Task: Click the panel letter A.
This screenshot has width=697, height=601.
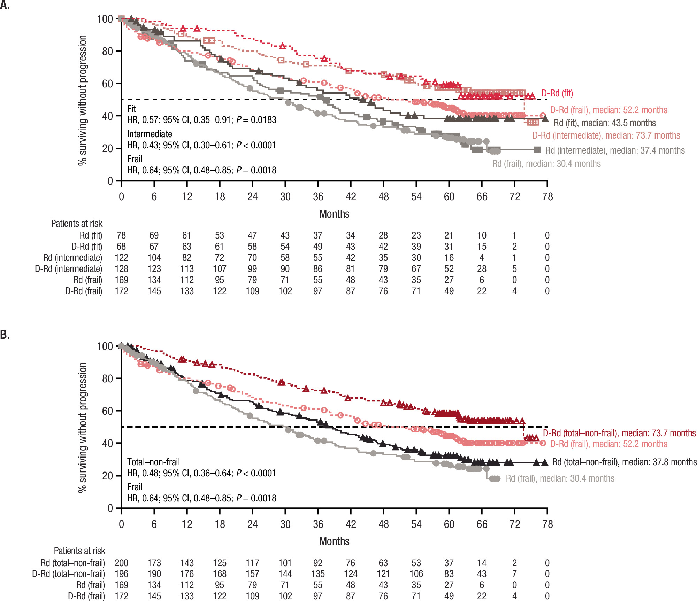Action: click(5, 5)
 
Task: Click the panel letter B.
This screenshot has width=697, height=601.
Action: click(5, 335)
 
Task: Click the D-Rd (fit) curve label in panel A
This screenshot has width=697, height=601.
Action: click(557, 93)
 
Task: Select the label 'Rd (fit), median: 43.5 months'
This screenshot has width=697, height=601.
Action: click(605, 123)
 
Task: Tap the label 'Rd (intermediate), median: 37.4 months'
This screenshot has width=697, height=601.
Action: click(615, 150)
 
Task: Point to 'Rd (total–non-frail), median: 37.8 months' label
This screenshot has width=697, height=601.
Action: click(625, 462)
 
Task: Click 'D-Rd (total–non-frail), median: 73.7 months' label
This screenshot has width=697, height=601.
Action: click(619, 433)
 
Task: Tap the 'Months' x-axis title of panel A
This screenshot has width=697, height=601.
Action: click(334, 214)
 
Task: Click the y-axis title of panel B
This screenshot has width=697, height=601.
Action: click(82, 428)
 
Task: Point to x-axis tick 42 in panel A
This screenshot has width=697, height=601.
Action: click(351, 197)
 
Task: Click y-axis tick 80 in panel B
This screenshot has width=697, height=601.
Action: click(107, 378)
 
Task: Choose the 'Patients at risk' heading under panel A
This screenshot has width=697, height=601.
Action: click(77, 224)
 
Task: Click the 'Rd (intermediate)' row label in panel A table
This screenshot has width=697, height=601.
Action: click(72, 258)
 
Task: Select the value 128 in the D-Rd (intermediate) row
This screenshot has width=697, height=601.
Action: click(121, 269)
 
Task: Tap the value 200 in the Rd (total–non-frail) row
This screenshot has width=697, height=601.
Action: click(121, 563)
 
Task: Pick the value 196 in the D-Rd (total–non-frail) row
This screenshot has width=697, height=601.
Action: click(121, 574)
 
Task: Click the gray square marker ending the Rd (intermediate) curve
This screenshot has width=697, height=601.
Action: click(537, 150)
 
